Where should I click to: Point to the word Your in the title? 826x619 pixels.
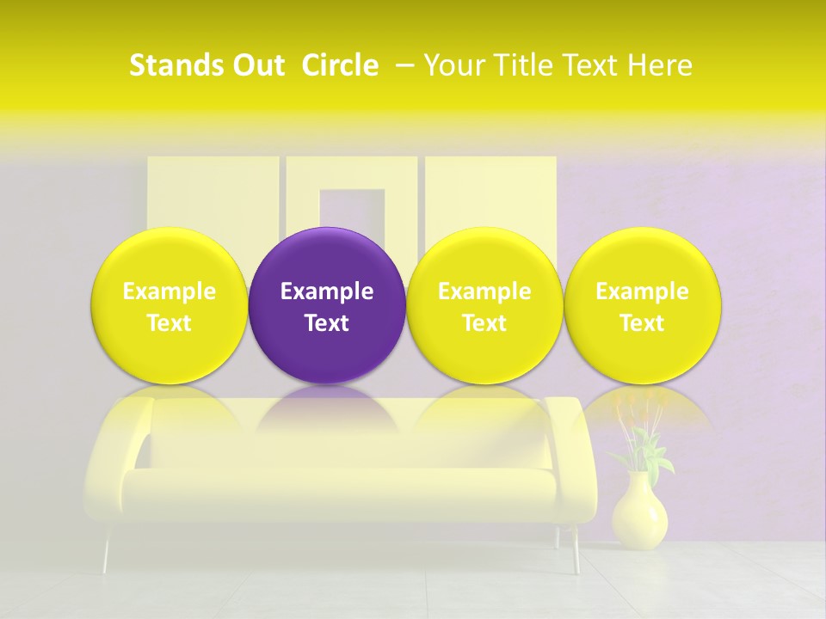453,65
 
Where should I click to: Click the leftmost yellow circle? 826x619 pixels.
170,258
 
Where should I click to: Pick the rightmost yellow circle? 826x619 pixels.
643,258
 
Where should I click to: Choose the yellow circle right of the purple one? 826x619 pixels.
484,258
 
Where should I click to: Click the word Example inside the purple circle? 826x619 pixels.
327,291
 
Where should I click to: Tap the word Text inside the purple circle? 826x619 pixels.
327,323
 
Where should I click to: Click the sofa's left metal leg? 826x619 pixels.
108,550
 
